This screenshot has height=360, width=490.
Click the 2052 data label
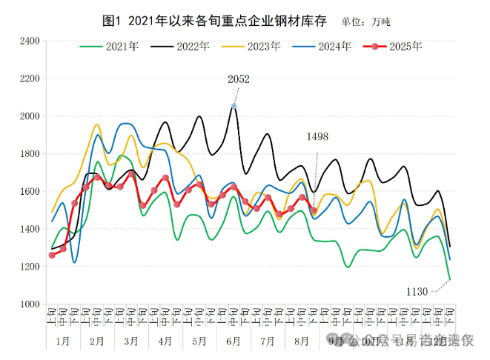pyautogui.click(x=239, y=79)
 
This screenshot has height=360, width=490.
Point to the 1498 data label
pyautogui.click(x=317, y=137)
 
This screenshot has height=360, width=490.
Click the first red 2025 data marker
pyautogui.click(x=52, y=255)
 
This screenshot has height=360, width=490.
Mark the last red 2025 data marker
pyautogui.click(x=314, y=210)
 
